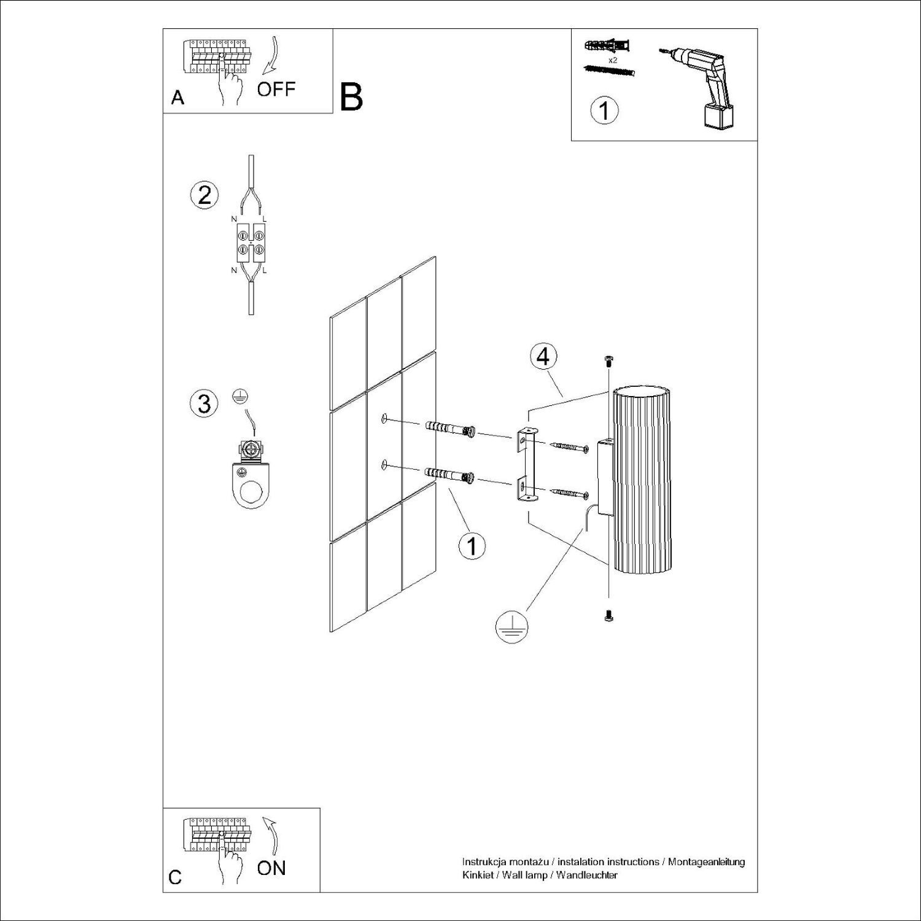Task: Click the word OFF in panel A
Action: pos(276,89)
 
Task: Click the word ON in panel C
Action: pos(271,868)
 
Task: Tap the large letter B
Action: pos(351,98)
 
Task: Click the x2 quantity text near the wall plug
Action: pos(612,61)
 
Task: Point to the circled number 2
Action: pos(204,195)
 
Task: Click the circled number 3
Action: pos(204,403)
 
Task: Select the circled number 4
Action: pos(543,357)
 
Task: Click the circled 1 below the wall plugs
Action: pos(472,545)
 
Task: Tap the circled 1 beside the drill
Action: pos(604,111)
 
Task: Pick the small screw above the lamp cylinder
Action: pos(608,361)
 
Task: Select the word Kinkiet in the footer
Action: pos(476,875)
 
